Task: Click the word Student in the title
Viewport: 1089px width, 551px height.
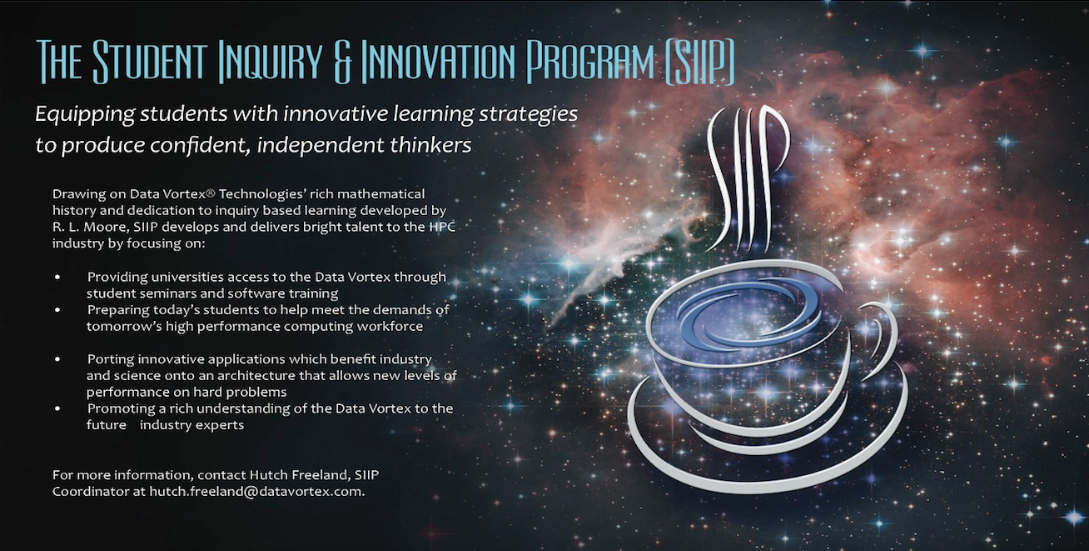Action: [x=150, y=62]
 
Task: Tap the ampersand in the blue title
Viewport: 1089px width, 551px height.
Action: [x=343, y=63]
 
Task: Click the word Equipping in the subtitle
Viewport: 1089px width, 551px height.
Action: [x=85, y=115]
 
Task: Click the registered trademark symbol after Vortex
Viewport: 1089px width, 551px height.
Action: [x=210, y=193]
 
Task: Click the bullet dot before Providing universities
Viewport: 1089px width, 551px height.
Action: [x=57, y=277]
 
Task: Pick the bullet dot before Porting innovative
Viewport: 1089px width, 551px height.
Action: [x=57, y=359]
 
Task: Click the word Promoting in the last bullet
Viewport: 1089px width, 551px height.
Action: [x=117, y=408]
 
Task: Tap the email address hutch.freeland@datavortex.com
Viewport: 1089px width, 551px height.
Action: [x=256, y=491]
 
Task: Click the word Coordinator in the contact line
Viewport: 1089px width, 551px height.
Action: [x=91, y=491]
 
